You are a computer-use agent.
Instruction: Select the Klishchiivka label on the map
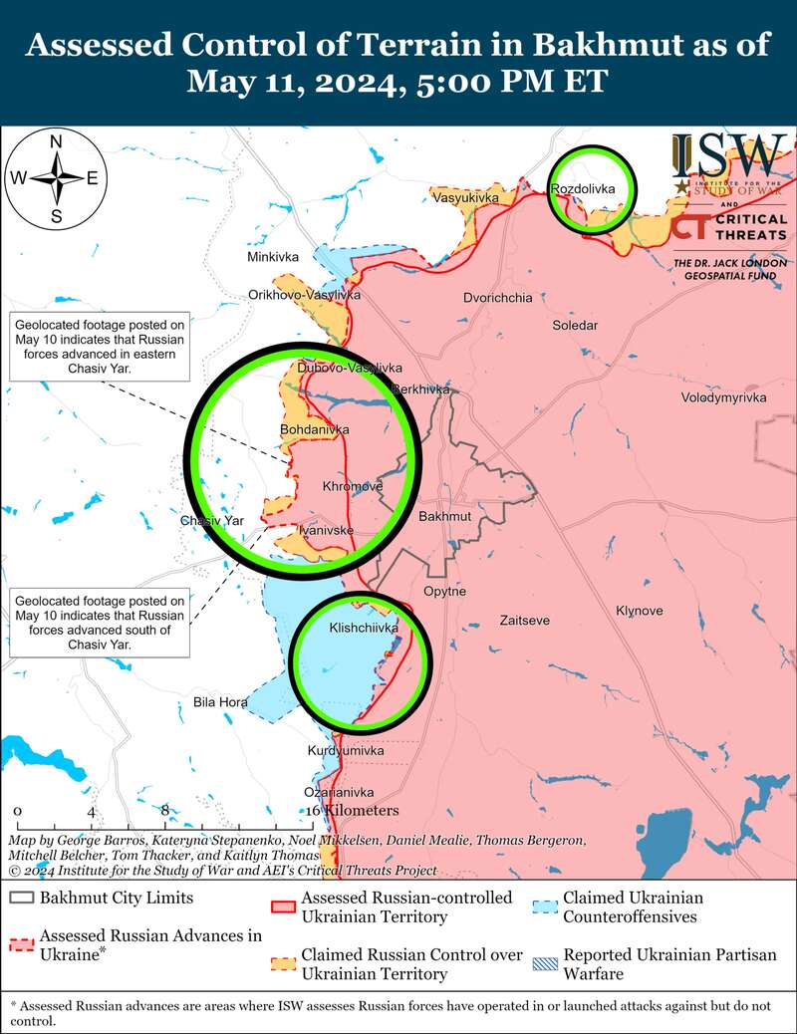coord(364,629)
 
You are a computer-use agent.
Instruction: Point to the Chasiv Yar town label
coord(212,521)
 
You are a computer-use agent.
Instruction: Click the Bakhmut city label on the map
coord(444,518)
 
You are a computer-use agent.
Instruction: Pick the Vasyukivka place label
coord(465,198)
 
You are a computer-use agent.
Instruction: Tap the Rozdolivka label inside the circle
coord(583,188)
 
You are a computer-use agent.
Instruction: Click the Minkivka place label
coord(273,257)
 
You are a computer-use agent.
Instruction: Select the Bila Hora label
coord(220,702)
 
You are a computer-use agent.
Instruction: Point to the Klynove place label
coord(639,611)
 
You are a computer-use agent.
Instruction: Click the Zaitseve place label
coord(525,620)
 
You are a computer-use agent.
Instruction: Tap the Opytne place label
coord(444,592)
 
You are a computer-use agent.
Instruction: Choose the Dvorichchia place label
coord(498,298)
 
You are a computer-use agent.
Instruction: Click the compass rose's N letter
coord(57,140)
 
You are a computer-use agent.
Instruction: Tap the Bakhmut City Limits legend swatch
coord(21,898)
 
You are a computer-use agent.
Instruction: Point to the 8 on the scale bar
coord(165,811)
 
